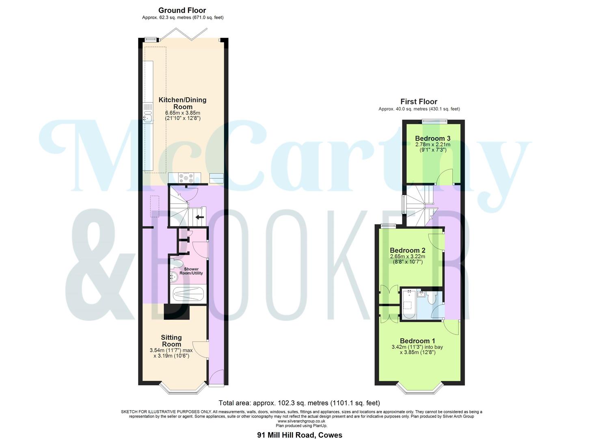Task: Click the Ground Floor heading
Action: [182, 10]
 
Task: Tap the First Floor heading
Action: [419, 102]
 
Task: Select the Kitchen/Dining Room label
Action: [182, 103]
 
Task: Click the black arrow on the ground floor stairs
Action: [199, 217]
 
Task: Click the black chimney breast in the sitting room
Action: [177, 312]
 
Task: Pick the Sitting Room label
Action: [171, 341]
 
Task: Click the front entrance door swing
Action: [216, 376]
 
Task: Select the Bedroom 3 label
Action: [432, 139]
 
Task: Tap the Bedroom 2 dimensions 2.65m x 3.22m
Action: [407, 256]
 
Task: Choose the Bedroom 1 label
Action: [417, 341]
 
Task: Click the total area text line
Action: [299, 403]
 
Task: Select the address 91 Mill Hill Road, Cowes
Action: [300, 435]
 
